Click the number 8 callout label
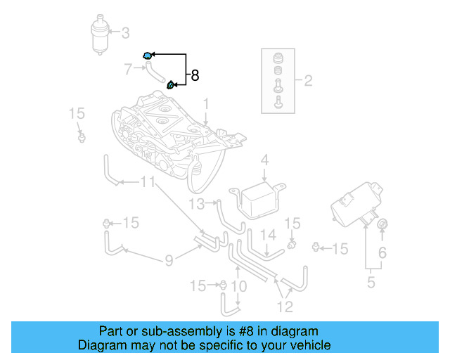click(x=195, y=75)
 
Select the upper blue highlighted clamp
click(x=147, y=55)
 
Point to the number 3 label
click(x=126, y=32)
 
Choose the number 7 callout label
click(x=127, y=69)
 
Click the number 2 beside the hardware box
click(x=308, y=80)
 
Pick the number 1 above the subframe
click(x=206, y=104)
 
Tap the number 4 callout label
click(x=264, y=161)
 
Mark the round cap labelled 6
click(x=382, y=224)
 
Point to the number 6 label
click(x=382, y=252)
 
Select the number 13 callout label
click(x=196, y=204)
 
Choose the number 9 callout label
click(x=169, y=261)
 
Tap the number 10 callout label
click(x=238, y=286)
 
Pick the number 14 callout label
click(x=268, y=236)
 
